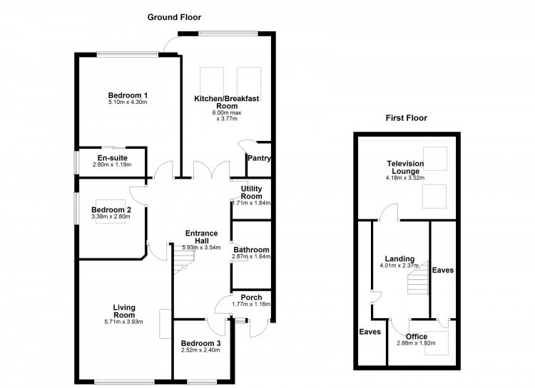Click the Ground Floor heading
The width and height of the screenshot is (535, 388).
pyautogui.click(x=174, y=17)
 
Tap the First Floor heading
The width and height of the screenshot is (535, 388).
pyautogui.click(x=407, y=118)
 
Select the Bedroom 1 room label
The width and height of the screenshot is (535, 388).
pyautogui.click(x=128, y=95)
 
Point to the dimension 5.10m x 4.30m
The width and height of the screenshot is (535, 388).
pyautogui.click(x=128, y=102)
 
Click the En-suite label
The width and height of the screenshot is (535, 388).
pyautogui.click(x=112, y=158)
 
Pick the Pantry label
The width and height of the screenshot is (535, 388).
pyautogui.click(x=260, y=158)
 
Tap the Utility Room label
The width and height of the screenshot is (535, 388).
pyautogui.click(x=252, y=192)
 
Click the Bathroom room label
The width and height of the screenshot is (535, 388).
pyautogui.click(x=252, y=250)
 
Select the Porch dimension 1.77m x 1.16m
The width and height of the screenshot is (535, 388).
pyautogui.click(x=251, y=304)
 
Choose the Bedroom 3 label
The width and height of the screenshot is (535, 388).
pyautogui.click(x=200, y=343)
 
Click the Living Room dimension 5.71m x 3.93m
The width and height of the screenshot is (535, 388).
pyautogui.click(x=124, y=322)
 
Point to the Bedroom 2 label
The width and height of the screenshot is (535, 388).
pyautogui.click(x=111, y=210)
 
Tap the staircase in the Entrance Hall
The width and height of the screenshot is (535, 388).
pyautogui.click(x=184, y=259)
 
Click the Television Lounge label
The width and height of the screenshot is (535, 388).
pyautogui.click(x=405, y=167)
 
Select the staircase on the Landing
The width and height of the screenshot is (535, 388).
pyautogui.click(x=418, y=278)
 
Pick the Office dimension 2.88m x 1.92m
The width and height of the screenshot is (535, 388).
pyautogui.click(x=417, y=343)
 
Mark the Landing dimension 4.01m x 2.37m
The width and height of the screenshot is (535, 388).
pyautogui.click(x=399, y=266)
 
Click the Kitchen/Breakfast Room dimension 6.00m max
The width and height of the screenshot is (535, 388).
pyautogui.click(x=227, y=112)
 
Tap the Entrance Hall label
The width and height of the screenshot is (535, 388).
pyautogui.click(x=201, y=237)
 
